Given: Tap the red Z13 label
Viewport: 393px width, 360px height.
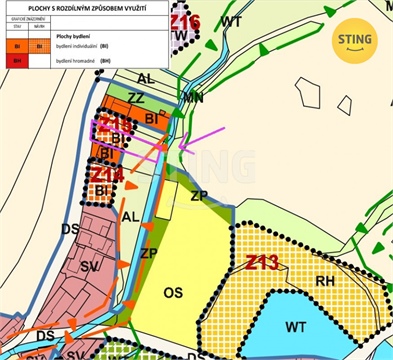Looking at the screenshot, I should coord(261,262).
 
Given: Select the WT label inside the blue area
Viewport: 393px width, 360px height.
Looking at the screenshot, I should coord(296,326).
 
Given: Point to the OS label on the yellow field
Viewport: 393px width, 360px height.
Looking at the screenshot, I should coord(171,291).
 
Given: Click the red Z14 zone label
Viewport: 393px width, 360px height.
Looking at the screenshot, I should coord(107,174).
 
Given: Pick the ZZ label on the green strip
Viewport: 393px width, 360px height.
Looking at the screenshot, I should coord(136,98).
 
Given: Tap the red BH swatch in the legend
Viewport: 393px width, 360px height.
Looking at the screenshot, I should coord(16,61).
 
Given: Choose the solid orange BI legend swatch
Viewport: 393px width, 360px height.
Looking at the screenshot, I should coord(16,46).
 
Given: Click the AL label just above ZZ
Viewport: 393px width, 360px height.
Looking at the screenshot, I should coord(146,78).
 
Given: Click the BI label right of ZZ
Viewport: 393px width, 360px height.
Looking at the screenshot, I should coord(152,117).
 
